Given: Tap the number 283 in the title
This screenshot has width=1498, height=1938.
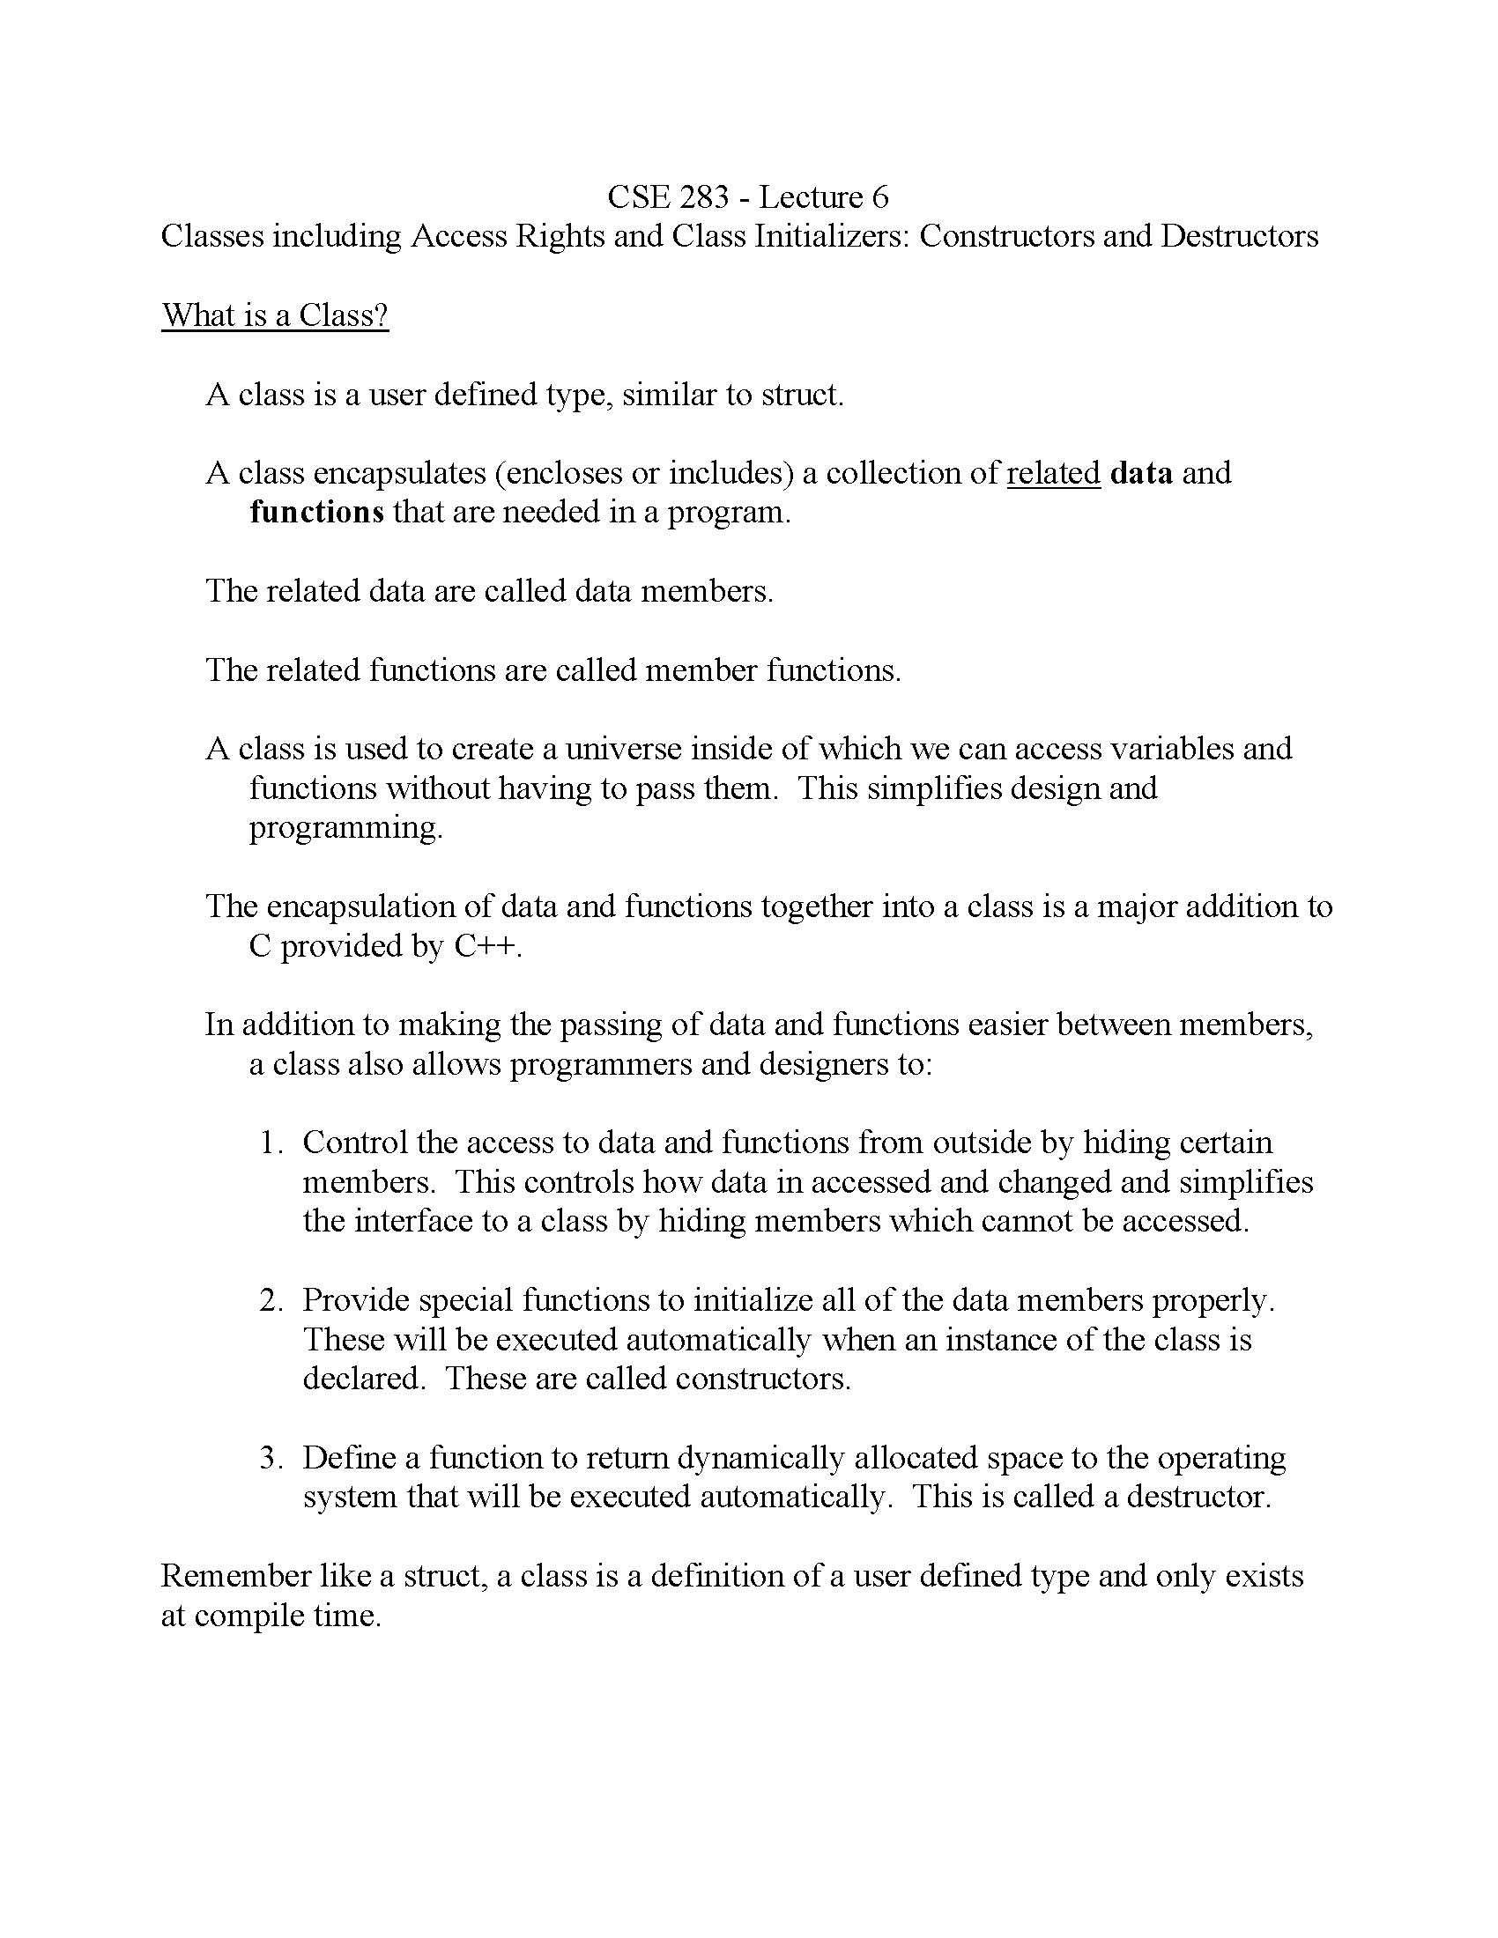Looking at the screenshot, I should click(x=704, y=197).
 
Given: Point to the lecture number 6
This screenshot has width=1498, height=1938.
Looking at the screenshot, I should click(x=879, y=197).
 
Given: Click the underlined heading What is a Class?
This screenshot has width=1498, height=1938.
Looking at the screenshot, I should click(x=275, y=315).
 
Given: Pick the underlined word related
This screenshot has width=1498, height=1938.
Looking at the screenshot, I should click(x=1053, y=473).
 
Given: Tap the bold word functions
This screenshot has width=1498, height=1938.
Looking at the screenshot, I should click(x=317, y=513).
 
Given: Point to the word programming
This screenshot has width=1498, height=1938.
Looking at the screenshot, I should click(x=345, y=829).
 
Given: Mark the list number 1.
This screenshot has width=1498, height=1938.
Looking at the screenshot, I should click(x=271, y=1143).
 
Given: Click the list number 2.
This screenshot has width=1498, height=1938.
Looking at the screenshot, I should click(x=271, y=1301).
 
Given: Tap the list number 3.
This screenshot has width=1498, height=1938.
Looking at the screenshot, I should click(x=271, y=1458).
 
